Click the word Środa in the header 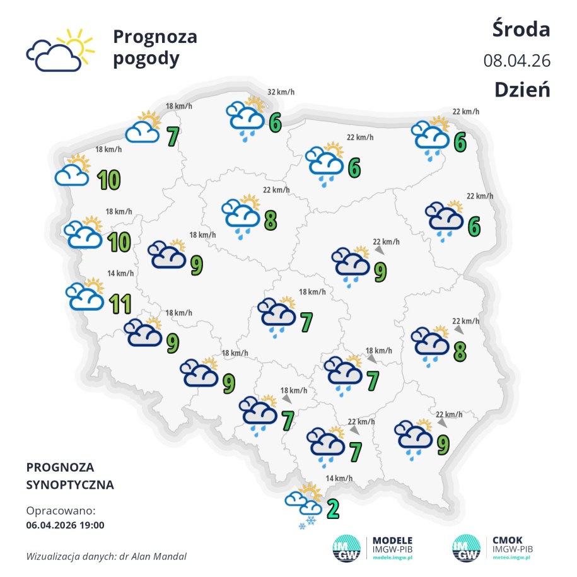[x=521, y=29]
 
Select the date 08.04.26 [x=517, y=61]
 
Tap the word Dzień [x=522, y=89]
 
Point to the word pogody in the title [x=146, y=59]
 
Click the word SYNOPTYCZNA [x=70, y=485]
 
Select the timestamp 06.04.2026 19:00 [x=66, y=524]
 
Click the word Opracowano [x=61, y=510]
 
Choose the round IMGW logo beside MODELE [x=346, y=548]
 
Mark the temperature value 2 [x=333, y=508]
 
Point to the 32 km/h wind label [x=281, y=93]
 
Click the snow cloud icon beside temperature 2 [x=303, y=504]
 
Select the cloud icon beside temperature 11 [x=85, y=296]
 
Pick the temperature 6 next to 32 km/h [x=274, y=122]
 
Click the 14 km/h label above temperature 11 [x=120, y=273]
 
